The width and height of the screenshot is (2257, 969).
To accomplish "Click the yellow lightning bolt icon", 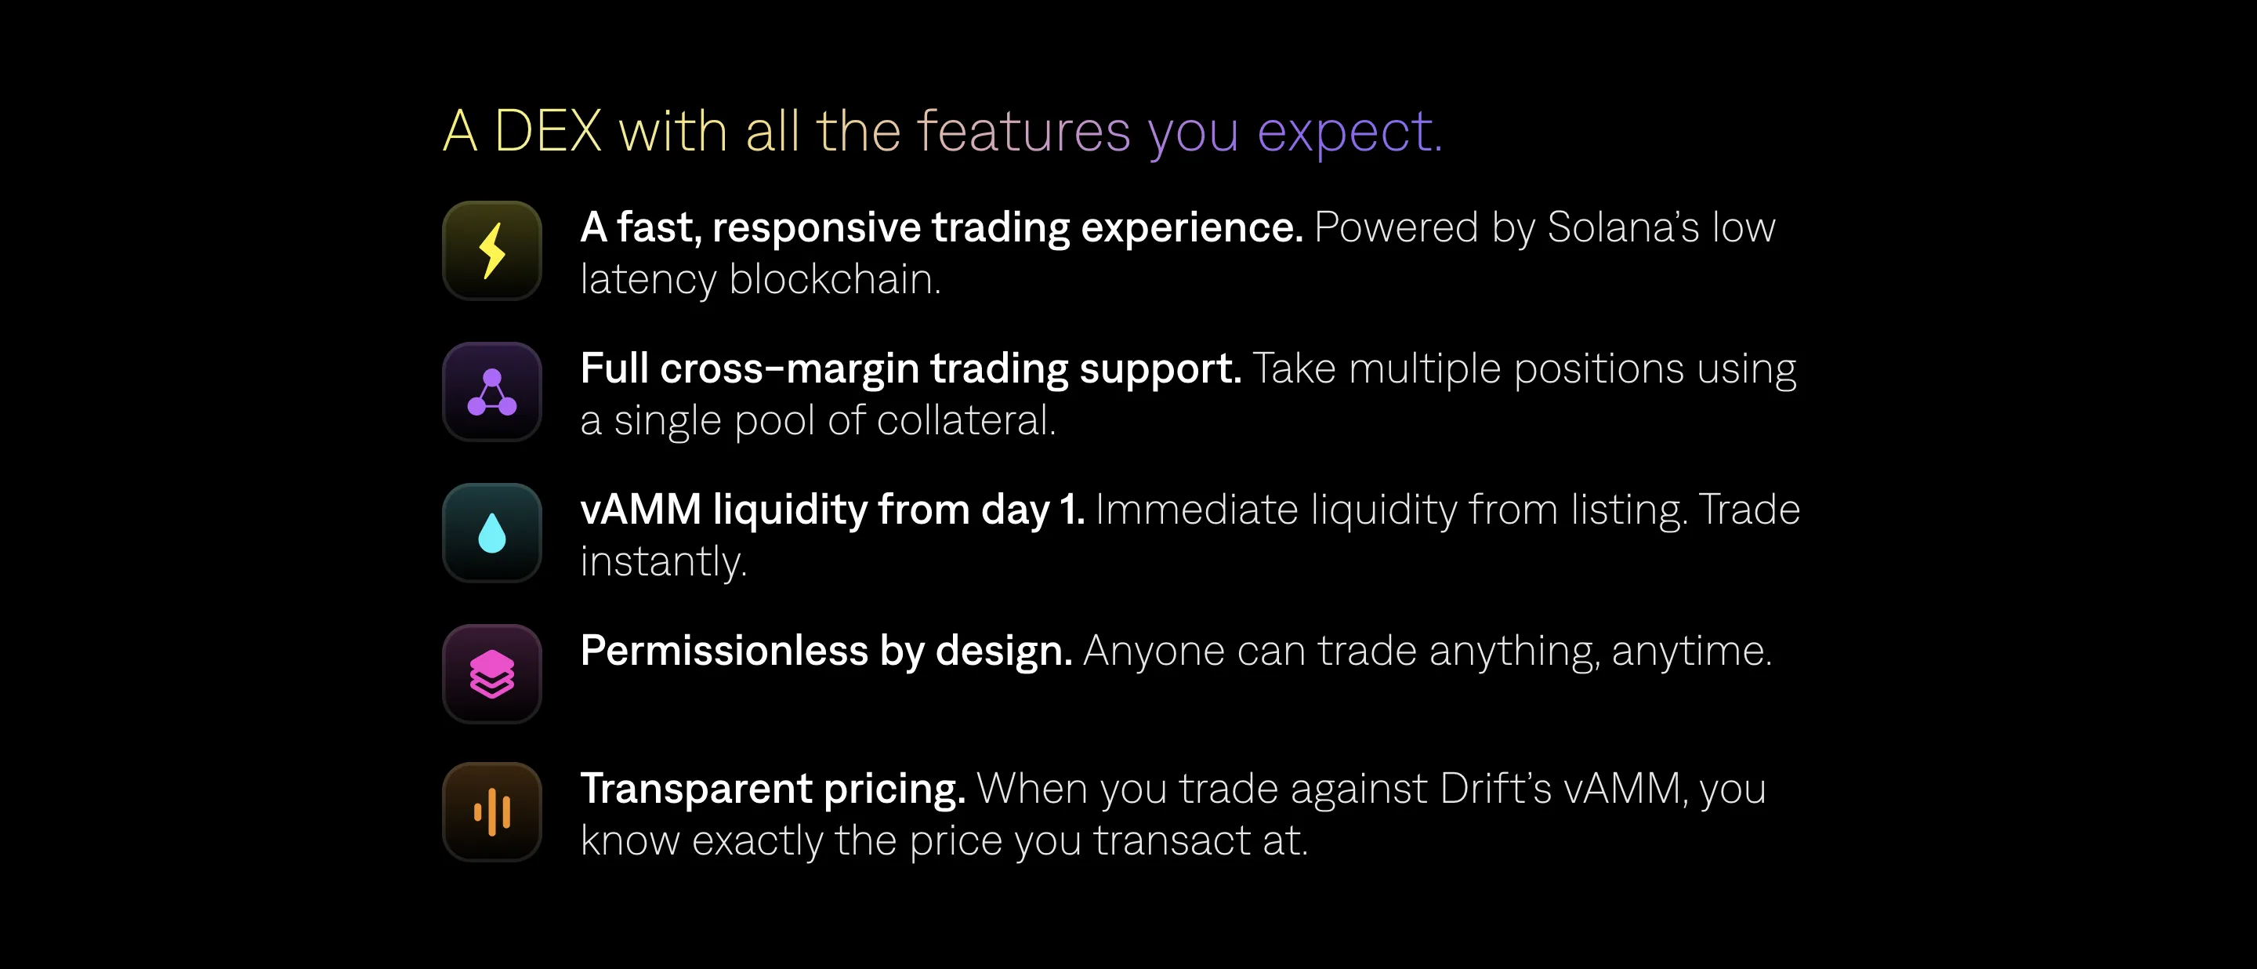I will [x=492, y=251].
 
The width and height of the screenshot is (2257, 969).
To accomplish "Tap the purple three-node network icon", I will [x=492, y=392].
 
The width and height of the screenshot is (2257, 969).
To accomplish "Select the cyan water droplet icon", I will [x=492, y=532].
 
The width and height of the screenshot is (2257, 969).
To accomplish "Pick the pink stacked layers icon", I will [x=492, y=673].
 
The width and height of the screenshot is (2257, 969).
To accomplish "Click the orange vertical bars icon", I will [x=492, y=811].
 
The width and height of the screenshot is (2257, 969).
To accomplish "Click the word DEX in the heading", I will [x=548, y=132].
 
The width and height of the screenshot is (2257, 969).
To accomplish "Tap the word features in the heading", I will [x=1023, y=132].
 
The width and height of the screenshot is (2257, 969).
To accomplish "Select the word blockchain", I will [x=834, y=279].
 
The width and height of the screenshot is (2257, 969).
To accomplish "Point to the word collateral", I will [x=965, y=420].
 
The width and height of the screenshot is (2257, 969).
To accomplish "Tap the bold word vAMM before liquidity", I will [x=640, y=510].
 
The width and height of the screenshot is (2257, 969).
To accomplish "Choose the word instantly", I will [x=663, y=562].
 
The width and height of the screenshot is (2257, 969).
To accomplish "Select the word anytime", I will [x=1691, y=651].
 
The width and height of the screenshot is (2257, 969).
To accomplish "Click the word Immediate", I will [x=1196, y=510].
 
